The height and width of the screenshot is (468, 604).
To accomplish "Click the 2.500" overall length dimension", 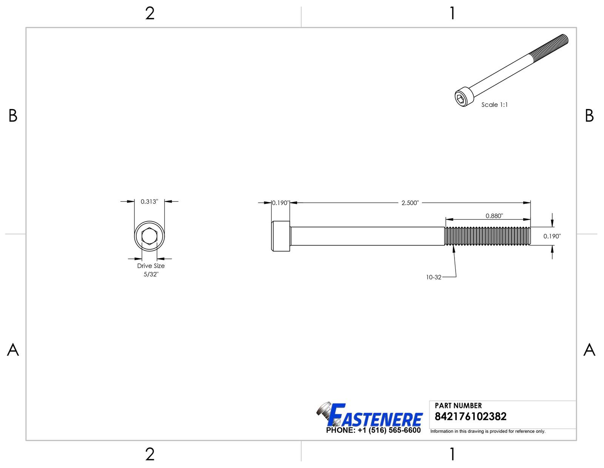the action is coord(410,203).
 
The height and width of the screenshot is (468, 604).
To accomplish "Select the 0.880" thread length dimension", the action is coord(494,216).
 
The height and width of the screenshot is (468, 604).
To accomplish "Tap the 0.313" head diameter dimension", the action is coord(149,202).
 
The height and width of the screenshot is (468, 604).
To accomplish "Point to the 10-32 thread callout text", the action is coord(434,277).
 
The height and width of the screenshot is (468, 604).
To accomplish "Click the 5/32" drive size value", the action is coord(151,274).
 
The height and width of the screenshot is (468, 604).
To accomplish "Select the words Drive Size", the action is coord(151,266).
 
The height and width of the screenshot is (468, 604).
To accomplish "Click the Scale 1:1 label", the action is coord(495,105).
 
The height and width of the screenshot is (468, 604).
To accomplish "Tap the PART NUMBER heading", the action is coord(458,405).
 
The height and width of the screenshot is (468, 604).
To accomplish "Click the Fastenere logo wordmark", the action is coord(370,415).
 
